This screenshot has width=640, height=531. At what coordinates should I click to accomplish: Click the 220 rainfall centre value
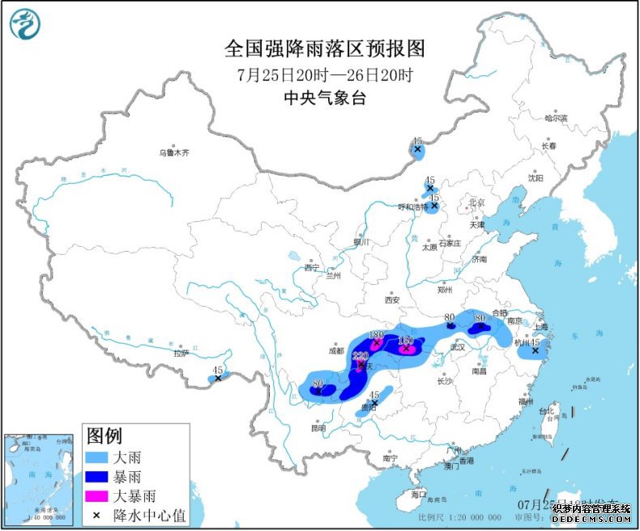point(361,355)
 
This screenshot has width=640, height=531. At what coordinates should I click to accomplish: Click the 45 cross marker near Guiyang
point(373,402)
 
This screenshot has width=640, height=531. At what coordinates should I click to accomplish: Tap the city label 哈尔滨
point(556,118)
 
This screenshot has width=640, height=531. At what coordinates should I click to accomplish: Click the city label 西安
point(392,299)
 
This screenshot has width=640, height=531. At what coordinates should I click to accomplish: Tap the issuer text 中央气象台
point(324,98)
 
